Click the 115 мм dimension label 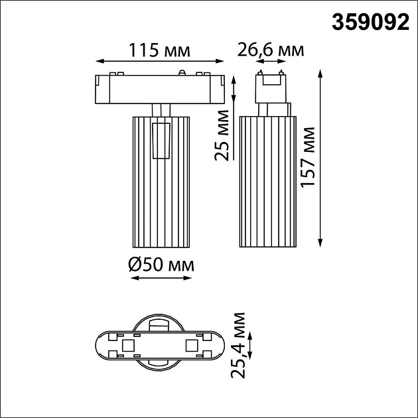(x=159, y=50)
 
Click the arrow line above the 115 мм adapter (x=159, y=62)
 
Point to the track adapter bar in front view (x=159, y=89)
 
